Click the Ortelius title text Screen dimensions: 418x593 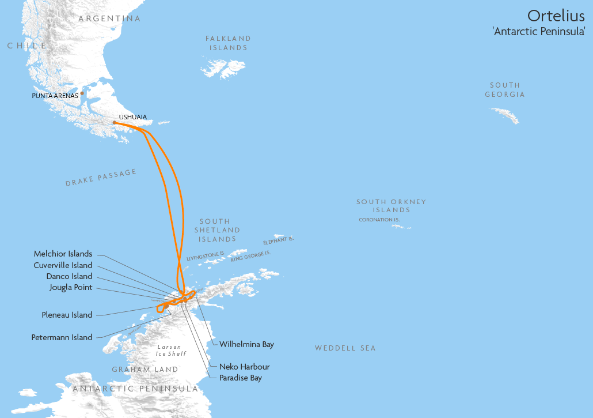pyautogui.click(x=556, y=16)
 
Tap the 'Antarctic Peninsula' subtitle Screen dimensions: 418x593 pyautogui.click(x=539, y=32)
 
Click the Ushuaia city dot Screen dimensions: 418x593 pyautogui.click(x=115, y=122)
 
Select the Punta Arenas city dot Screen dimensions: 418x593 pyautogui.click(x=82, y=93)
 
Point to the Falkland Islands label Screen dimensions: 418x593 pyautogui.click(x=229, y=43)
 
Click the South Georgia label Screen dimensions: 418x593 pyautogui.click(x=505, y=89)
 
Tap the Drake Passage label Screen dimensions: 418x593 pyautogui.click(x=101, y=178)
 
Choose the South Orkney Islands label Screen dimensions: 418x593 pyautogui.click(x=391, y=206)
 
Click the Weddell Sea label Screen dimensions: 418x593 pyautogui.click(x=345, y=348)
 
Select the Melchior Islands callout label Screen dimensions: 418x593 pyautogui.click(x=63, y=254)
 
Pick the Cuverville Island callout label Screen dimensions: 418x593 pyautogui.click(x=63, y=265)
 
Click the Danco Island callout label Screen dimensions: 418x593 pyautogui.click(x=69, y=276)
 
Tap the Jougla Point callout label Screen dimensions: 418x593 pyautogui.click(x=71, y=288)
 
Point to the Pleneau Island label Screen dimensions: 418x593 pyautogui.click(x=67, y=315)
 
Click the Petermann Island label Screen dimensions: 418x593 pyautogui.click(x=62, y=337)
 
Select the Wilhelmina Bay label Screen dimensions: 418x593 pyautogui.click(x=246, y=344)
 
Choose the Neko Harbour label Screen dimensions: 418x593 pyautogui.click(x=244, y=367)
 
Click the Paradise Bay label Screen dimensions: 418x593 pyautogui.click(x=241, y=378)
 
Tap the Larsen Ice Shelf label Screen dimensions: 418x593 pyautogui.click(x=169, y=350)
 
